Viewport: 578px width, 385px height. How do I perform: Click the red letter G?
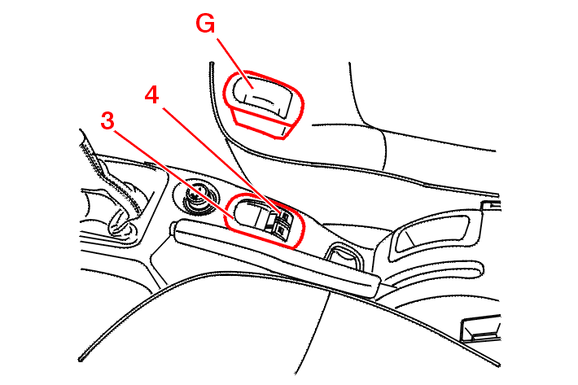click(x=205, y=24)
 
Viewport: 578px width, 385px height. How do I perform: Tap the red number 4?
click(x=152, y=94)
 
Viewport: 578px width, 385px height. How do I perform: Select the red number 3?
click(x=107, y=120)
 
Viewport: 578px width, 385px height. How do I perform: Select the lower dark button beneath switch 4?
click(x=280, y=230)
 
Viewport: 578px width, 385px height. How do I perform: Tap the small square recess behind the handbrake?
click(x=343, y=256)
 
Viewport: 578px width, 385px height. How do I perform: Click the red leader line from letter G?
click(x=234, y=63)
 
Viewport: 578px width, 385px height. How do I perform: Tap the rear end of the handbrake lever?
click(x=373, y=286)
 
